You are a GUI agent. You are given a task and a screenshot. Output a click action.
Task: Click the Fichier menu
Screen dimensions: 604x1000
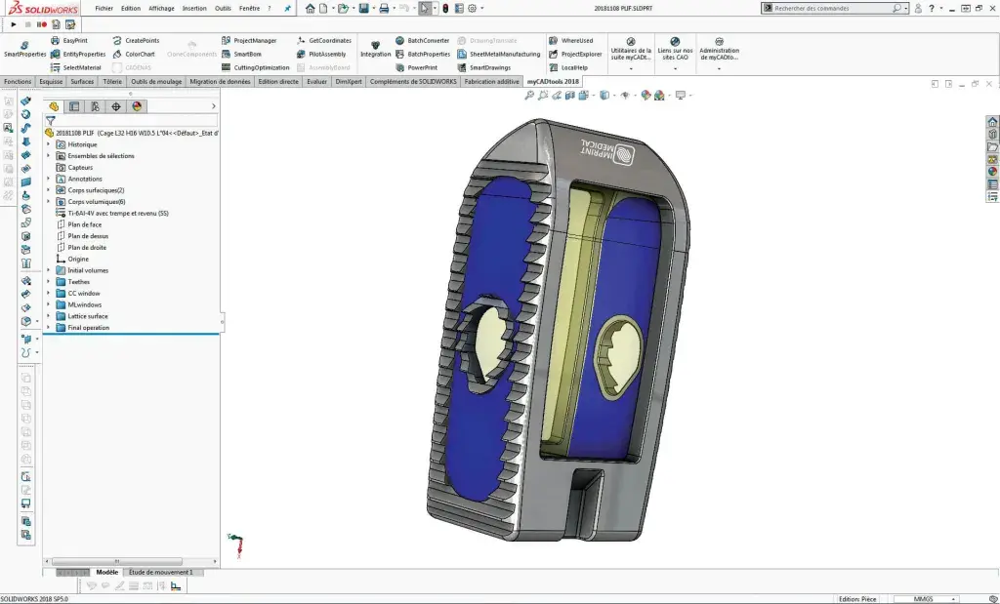[x=104, y=8]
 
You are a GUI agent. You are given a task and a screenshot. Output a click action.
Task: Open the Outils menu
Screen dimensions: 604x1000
[x=223, y=8]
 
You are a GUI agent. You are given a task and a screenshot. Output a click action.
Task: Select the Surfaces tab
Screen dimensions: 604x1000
[x=82, y=82]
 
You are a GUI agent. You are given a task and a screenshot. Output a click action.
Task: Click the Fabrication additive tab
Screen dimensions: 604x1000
[x=492, y=82]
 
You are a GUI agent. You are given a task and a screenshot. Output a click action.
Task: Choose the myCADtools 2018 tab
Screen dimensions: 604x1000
[x=552, y=82]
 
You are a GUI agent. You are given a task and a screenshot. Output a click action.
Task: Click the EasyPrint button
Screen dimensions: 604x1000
[x=75, y=41]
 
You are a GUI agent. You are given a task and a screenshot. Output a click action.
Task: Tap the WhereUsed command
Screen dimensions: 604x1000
[x=576, y=41]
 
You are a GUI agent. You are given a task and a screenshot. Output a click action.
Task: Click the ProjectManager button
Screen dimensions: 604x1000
[x=255, y=41]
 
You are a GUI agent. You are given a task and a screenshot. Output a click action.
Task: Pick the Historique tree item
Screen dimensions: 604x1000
[x=82, y=144]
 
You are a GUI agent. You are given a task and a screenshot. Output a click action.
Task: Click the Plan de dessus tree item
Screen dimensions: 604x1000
[x=88, y=236]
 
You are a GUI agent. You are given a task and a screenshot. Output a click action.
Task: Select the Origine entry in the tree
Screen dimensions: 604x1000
[x=78, y=260]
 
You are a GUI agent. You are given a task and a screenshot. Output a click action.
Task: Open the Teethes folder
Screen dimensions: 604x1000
[x=78, y=282]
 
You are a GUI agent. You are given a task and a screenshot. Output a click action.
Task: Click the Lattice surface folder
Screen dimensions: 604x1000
[x=88, y=316]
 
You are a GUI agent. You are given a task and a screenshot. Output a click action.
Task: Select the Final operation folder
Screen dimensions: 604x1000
[x=88, y=328]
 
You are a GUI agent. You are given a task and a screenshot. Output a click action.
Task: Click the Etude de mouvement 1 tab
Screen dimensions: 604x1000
[x=161, y=573]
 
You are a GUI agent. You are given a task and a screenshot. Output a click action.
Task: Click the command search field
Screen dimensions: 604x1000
[x=830, y=8]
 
